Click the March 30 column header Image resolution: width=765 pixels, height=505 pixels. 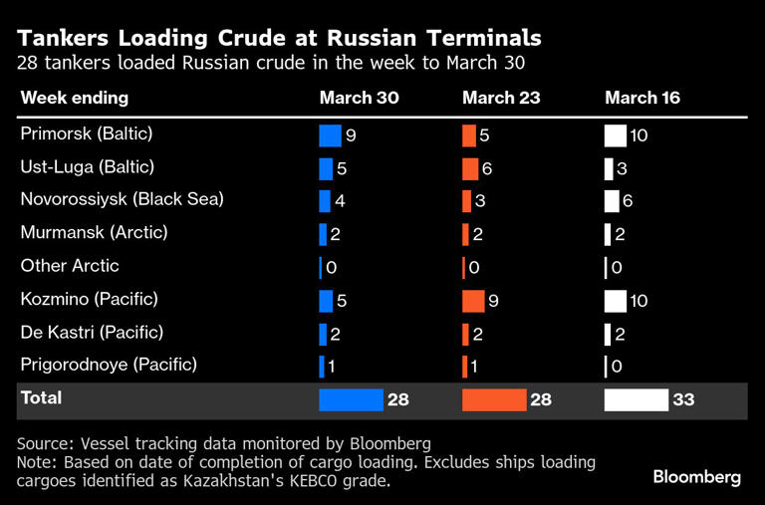pos(359,98)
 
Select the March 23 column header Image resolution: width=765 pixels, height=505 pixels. pos(502,98)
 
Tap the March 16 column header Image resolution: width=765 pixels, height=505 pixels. pos(643,98)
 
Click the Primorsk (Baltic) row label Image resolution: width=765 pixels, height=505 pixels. pos(87,133)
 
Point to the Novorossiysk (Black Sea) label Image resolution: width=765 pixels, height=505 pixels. pos(122,199)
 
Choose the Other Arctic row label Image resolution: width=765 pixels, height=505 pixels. pos(70,266)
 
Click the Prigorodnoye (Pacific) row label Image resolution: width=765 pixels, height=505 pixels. pos(109,365)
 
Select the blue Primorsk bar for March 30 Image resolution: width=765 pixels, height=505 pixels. pos(330,135)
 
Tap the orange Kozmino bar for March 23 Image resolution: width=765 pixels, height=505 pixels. pos(473,300)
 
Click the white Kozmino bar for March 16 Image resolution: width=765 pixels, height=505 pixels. pos(616,300)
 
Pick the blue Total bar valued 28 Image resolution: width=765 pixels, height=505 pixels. pos(351,399)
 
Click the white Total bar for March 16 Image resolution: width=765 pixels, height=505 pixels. pos(636,399)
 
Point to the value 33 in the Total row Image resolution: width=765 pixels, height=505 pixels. pos(683,400)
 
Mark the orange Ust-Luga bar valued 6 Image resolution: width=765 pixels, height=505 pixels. pos(470,168)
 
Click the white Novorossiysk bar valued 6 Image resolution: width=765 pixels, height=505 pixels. pos(612,201)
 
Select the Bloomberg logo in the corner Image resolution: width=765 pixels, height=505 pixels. pos(696,477)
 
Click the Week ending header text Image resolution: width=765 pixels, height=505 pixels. pos(75,98)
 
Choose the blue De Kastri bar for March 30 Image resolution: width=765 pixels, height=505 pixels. pos(323,334)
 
